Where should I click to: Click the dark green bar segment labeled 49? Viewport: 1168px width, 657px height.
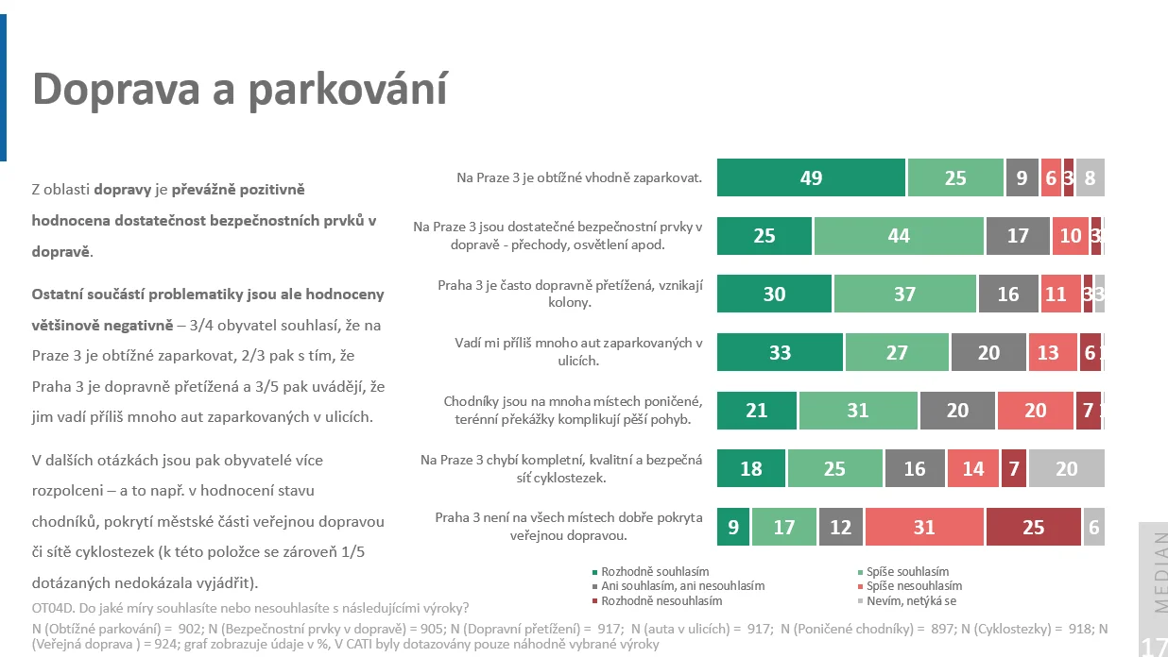tap(811, 177)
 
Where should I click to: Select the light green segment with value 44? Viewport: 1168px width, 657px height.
tap(899, 236)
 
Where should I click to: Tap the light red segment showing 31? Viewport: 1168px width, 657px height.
tap(924, 527)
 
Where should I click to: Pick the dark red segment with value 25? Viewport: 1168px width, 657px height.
tap(1033, 527)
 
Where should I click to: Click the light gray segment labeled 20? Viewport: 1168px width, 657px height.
tap(1066, 468)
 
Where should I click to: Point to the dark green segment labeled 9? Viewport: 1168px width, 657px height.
tap(733, 527)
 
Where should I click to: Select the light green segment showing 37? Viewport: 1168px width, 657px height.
tap(904, 294)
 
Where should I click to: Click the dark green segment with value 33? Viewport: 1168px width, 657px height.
tap(780, 352)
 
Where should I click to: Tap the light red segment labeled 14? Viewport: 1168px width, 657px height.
tap(972, 468)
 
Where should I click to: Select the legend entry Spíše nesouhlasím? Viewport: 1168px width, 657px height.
tap(914, 586)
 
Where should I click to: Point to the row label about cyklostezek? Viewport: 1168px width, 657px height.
tap(561, 468)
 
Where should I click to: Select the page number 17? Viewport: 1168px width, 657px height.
tap(1154, 647)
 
